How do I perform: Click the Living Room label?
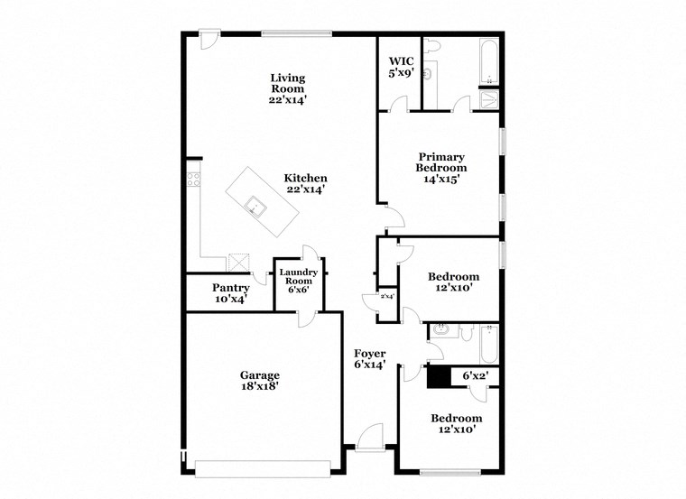(x=288, y=88)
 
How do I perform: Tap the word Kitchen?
(x=306, y=178)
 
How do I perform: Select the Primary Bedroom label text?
(x=441, y=162)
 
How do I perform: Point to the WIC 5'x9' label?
(x=401, y=67)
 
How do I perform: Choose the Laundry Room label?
(x=298, y=281)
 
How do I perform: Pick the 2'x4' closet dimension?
(x=386, y=296)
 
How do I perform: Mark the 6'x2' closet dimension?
(x=475, y=375)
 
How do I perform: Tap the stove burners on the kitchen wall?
(x=192, y=177)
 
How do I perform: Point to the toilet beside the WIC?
(x=432, y=45)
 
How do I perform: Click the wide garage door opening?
(x=264, y=467)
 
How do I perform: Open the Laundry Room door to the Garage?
(x=307, y=316)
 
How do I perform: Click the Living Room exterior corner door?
(x=209, y=40)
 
